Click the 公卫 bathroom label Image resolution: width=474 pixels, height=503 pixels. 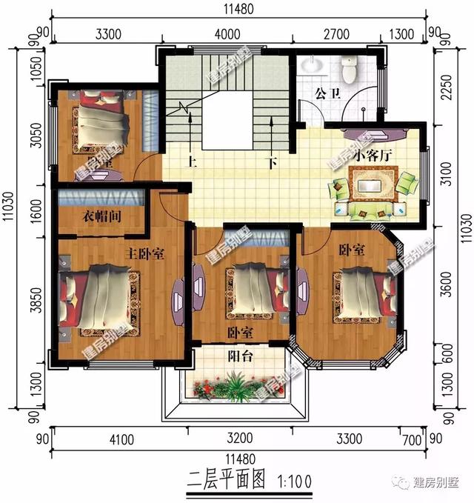(x=326, y=94)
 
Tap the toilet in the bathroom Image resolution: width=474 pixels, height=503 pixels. (x=349, y=71)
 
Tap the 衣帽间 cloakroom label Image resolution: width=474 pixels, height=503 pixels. (x=101, y=216)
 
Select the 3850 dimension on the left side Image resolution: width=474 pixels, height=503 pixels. (x=27, y=302)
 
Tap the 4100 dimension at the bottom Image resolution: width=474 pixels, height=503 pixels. (x=121, y=440)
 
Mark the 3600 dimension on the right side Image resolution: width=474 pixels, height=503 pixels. (x=444, y=289)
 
